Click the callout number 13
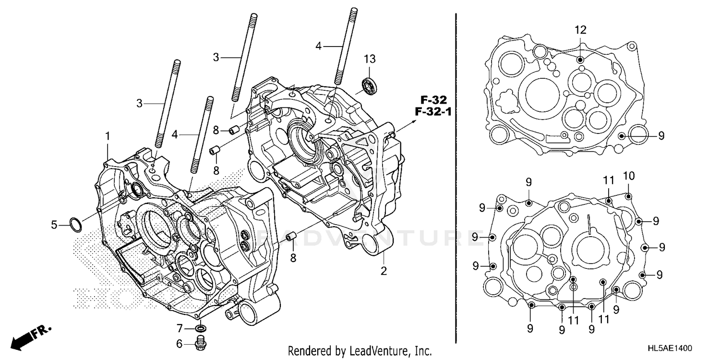coord(369,59)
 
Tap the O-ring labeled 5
coord(75,224)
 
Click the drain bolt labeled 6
coord(201,343)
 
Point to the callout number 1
coord(108,136)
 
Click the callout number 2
coord(384,271)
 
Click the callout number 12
coord(580,30)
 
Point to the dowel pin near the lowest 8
coord(290,237)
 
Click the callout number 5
coord(55,224)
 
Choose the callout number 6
coord(180,343)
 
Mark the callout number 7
coord(180,329)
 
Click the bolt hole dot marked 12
coord(580,59)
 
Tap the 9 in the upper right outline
coord(661,136)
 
